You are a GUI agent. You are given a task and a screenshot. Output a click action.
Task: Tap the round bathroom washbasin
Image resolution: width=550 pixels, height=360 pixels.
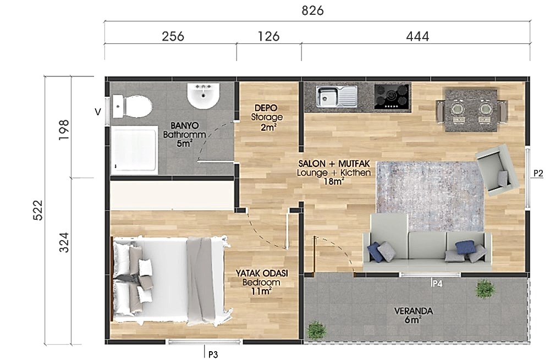pyautogui.click(x=203, y=95)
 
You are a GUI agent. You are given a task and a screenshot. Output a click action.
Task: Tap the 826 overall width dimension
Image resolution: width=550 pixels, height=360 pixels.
pyautogui.click(x=312, y=11)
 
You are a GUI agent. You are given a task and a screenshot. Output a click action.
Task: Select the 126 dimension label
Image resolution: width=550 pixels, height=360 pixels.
pyautogui.click(x=269, y=36)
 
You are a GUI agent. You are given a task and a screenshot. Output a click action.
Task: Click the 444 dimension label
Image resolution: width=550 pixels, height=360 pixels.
pyautogui.click(x=417, y=36)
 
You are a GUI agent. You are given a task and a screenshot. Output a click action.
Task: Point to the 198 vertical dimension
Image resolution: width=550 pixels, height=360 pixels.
pyautogui.click(x=64, y=130)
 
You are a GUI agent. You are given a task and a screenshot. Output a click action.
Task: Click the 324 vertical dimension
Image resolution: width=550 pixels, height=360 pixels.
pyautogui.click(x=64, y=242)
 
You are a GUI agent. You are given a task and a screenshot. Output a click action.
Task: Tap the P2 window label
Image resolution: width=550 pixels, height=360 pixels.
pyautogui.click(x=538, y=173)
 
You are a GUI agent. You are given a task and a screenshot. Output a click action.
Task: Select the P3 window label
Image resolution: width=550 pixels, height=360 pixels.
pyautogui.click(x=213, y=355)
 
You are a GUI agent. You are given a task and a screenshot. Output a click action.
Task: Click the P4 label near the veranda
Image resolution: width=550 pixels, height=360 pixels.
pyautogui.click(x=437, y=284)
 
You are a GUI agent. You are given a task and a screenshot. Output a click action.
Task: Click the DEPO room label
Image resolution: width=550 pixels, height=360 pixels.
pyautogui.click(x=266, y=108)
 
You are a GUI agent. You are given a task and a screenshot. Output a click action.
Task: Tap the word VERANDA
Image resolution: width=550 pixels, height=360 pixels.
pyautogui.click(x=413, y=311)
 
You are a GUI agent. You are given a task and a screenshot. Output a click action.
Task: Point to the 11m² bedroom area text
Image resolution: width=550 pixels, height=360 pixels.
pyautogui.click(x=262, y=291)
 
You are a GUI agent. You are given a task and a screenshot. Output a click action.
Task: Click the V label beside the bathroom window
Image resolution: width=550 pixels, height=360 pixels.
pyautogui.click(x=98, y=112)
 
